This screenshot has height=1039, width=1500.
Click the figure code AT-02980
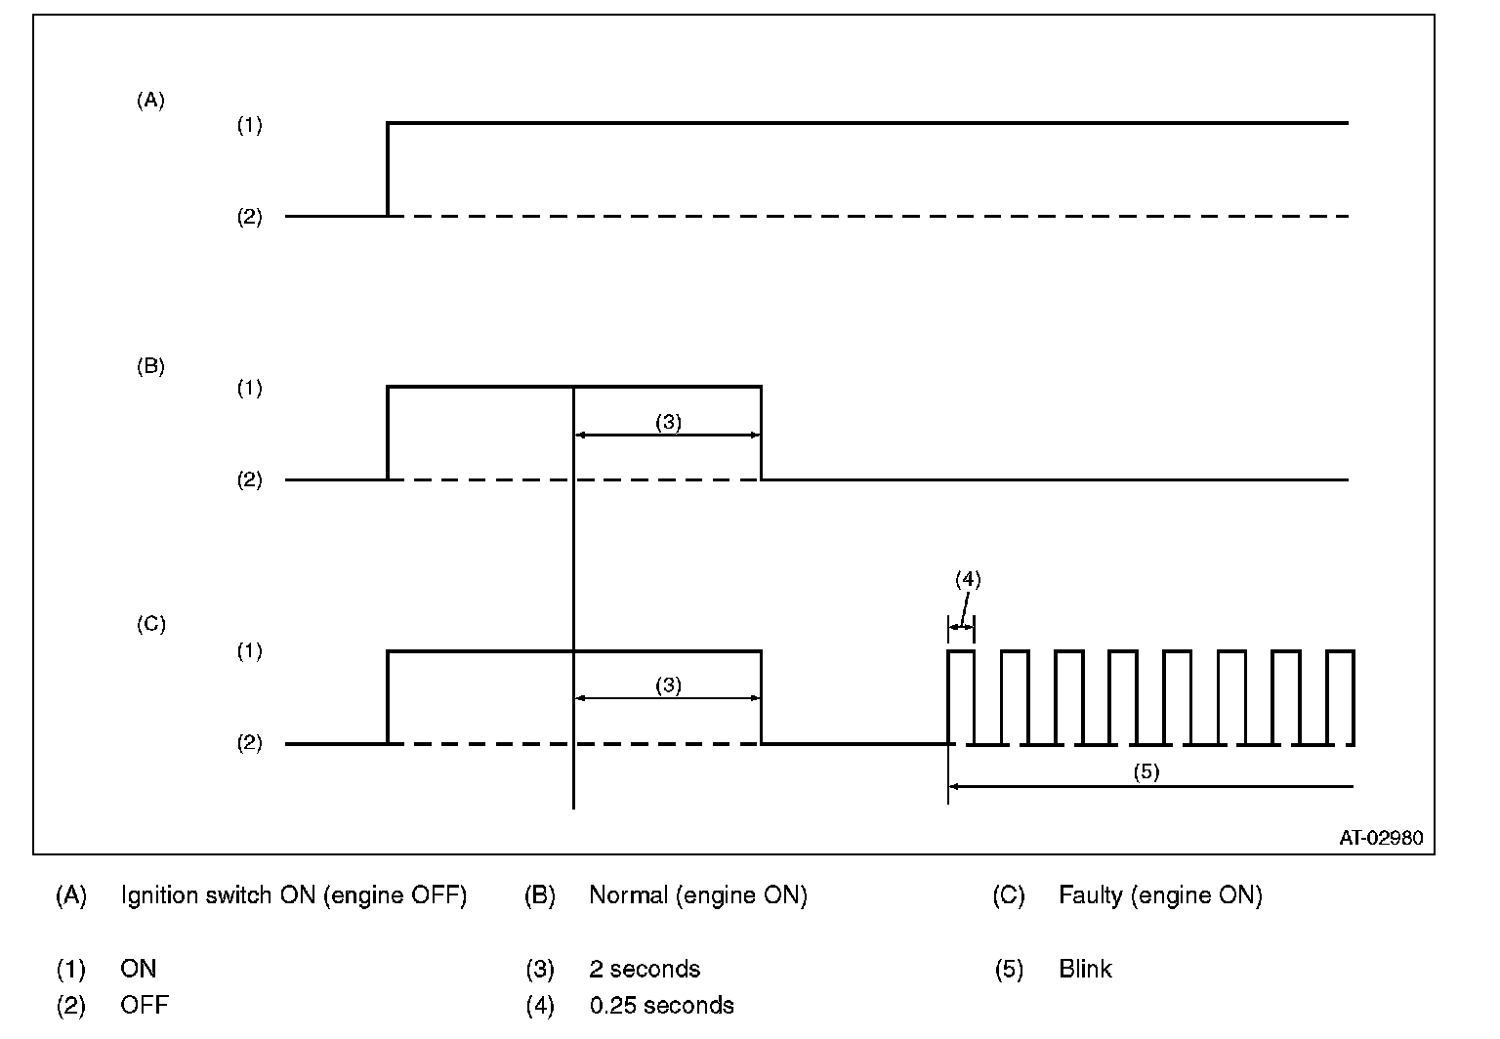pos(1381,838)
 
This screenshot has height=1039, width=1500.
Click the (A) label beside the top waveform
pos(150,100)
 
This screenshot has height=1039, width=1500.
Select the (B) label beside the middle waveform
pos(150,367)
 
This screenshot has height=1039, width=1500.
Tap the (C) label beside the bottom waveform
pos(150,624)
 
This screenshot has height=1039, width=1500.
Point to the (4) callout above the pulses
pos(967,579)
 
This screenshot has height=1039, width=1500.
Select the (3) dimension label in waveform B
pos(668,423)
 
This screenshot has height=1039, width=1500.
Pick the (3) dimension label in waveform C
pos(668,686)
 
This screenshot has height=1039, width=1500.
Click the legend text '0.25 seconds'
pos(661,1005)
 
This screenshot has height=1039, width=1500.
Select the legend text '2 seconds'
pos(645,970)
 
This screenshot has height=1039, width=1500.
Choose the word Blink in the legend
pos(1085,970)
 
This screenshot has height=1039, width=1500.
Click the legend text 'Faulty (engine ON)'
pos(1160,895)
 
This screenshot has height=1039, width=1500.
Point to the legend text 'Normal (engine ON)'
pos(697,895)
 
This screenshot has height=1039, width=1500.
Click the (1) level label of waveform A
pos(250,126)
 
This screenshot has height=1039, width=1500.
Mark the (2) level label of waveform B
pos(250,480)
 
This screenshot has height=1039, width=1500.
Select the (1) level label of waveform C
pos(250,651)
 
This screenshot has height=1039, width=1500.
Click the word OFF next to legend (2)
pos(145,1005)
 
